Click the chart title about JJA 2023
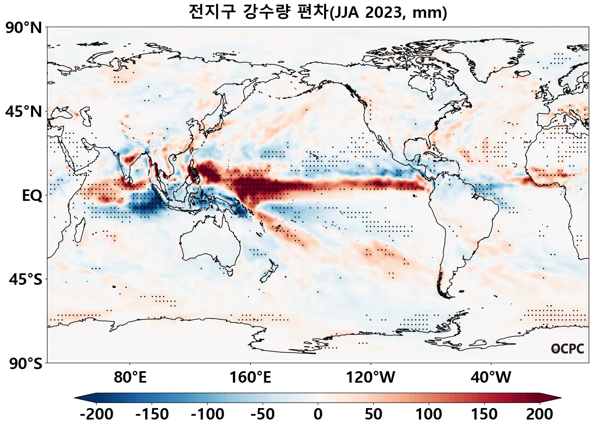[318, 12]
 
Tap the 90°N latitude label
[24, 28]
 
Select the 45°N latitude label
[24, 112]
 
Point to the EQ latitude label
[32, 196]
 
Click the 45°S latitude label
[25, 280]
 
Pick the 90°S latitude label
[25, 364]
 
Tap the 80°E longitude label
[130, 377]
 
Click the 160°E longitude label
[250, 377]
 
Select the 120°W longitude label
[371, 377]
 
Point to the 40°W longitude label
[491, 377]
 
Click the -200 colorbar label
[97, 414]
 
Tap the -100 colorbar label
[208, 414]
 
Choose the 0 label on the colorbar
[318, 414]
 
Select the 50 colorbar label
[373, 414]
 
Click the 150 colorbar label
[484, 414]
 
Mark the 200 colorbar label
[539, 414]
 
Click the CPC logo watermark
[568, 349]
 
